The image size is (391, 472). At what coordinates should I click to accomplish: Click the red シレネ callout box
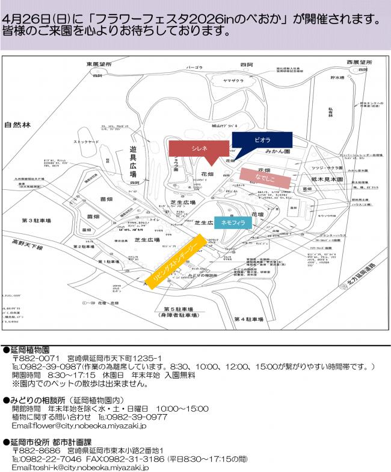[x=200, y=148]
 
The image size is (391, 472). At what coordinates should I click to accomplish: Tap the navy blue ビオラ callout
[x=262, y=139]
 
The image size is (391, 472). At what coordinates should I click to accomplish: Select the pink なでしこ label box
[x=265, y=175]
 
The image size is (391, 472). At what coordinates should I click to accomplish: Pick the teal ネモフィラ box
[x=233, y=222]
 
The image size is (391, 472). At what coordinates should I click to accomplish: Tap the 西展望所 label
[x=347, y=63]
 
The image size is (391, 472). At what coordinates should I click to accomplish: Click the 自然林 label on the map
[x=17, y=126]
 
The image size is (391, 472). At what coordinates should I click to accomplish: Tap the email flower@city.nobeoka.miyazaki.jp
[x=78, y=425]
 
